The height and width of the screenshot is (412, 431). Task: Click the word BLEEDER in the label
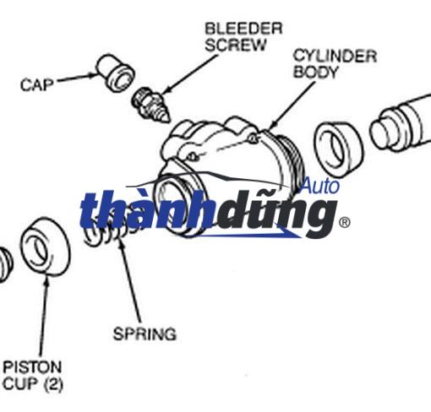click(243, 29)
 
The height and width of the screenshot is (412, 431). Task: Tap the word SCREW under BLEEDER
click(236, 45)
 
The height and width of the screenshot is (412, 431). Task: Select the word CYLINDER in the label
click(336, 56)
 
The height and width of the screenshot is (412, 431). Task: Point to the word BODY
click(315, 72)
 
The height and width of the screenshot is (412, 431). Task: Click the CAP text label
click(37, 84)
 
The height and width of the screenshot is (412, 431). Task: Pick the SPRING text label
click(145, 334)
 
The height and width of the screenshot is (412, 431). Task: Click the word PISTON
click(32, 367)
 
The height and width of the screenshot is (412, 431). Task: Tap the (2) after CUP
click(53, 384)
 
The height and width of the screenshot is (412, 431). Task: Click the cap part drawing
click(115, 73)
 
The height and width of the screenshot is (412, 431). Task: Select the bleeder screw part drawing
click(150, 105)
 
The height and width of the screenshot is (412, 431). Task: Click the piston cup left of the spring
click(46, 247)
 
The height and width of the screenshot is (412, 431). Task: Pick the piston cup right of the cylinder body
click(338, 149)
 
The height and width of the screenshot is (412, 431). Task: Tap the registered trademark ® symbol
click(344, 223)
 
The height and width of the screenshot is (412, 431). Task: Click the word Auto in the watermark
click(320, 186)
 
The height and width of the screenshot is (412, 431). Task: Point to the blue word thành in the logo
click(146, 209)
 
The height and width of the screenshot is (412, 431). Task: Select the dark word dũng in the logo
click(276, 214)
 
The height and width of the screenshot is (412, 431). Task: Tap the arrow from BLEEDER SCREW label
click(190, 74)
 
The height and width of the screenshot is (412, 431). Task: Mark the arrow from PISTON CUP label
click(44, 317)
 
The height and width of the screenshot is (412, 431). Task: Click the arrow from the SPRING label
click(129, 280)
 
